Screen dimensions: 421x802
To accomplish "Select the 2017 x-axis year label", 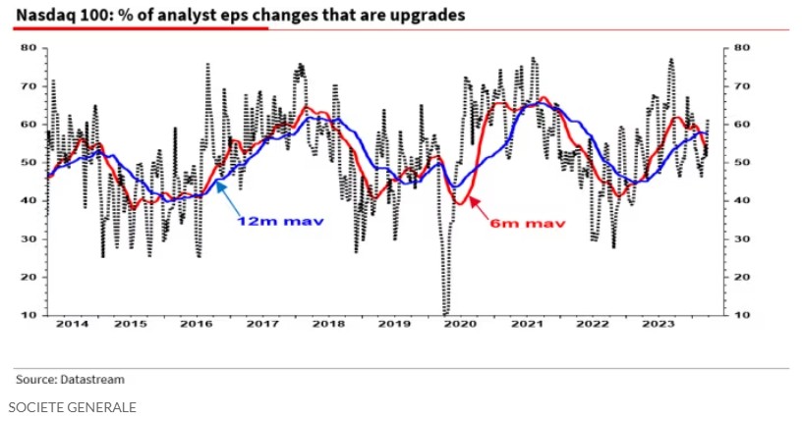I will tap(263, 323).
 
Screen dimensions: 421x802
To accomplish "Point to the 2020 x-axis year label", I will tap(460, 323).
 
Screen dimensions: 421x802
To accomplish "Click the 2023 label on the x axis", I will tap(658, 323).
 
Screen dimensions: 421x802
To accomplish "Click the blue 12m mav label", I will tap(280, 221).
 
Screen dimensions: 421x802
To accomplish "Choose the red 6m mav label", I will tap(529, 224).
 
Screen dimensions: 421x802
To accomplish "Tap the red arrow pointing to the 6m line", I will tap(481, 209).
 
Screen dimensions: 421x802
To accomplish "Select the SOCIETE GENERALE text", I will tap(72, 406).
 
